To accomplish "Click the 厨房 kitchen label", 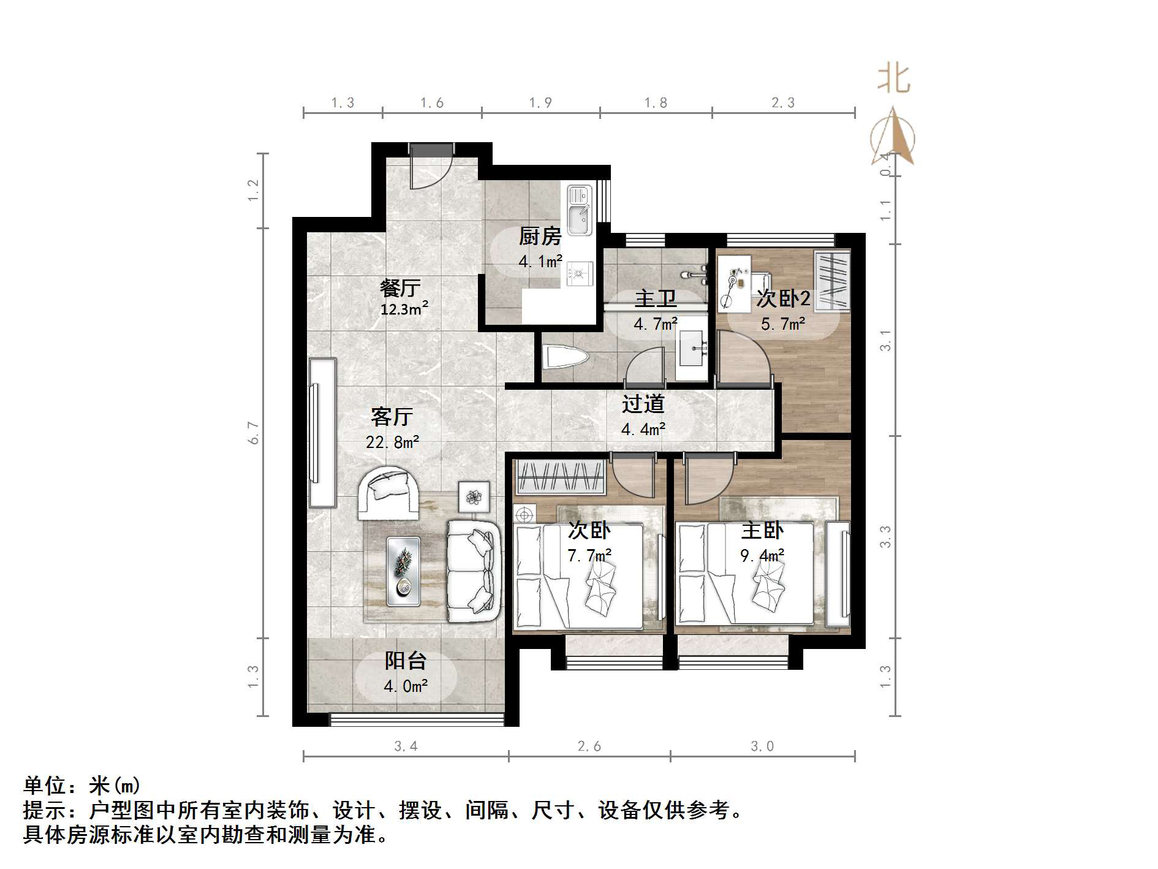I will click(540, 236).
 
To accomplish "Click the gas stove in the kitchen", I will click(580, 273).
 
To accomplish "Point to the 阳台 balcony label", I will click(405, 661).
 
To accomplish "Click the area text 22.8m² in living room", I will click(392, 442).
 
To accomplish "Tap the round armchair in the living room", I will click(388, 493).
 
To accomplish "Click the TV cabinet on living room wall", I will click(322, 433).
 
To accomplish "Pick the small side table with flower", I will click(474, 496).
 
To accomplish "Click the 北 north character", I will click(894, 80).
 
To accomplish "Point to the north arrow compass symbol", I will click(893, 137).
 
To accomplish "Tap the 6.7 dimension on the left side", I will click(253, 433).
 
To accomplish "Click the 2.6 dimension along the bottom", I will click(589, 746).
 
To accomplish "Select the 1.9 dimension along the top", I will click(540, 103).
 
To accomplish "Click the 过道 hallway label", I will click(643, 404).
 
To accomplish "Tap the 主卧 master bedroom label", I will click(762, 531).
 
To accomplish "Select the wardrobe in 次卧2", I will click(832, 279).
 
